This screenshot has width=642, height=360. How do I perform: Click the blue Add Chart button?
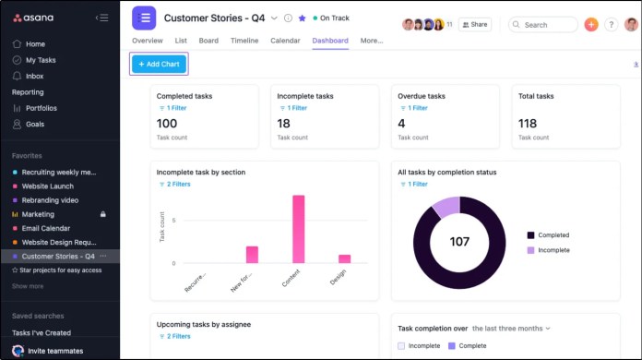(x=159, y=64)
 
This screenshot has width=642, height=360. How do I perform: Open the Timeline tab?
(x=244, y=41)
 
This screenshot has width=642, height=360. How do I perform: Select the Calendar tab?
(x=285, y=41)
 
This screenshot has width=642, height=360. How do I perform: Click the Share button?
(x=474, y=25)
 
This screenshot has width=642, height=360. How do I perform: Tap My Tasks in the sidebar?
(x=41, y=60)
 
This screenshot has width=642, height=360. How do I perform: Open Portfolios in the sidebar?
(x=41, y=108)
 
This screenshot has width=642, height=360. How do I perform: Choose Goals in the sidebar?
(x=34, y=124)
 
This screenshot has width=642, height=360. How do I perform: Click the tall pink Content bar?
(x=298, y=229)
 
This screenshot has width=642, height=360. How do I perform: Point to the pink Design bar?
(x=344, y=258)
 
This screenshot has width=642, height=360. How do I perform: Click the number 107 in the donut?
(x=459, y=242)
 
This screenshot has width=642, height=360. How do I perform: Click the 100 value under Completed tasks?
(x=167, y=124)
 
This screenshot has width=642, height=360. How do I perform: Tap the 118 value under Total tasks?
(x=528, y=124)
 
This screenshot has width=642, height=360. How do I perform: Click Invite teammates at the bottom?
(x=54, y=351)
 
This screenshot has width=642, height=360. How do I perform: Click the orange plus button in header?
(x=591, y=25)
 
